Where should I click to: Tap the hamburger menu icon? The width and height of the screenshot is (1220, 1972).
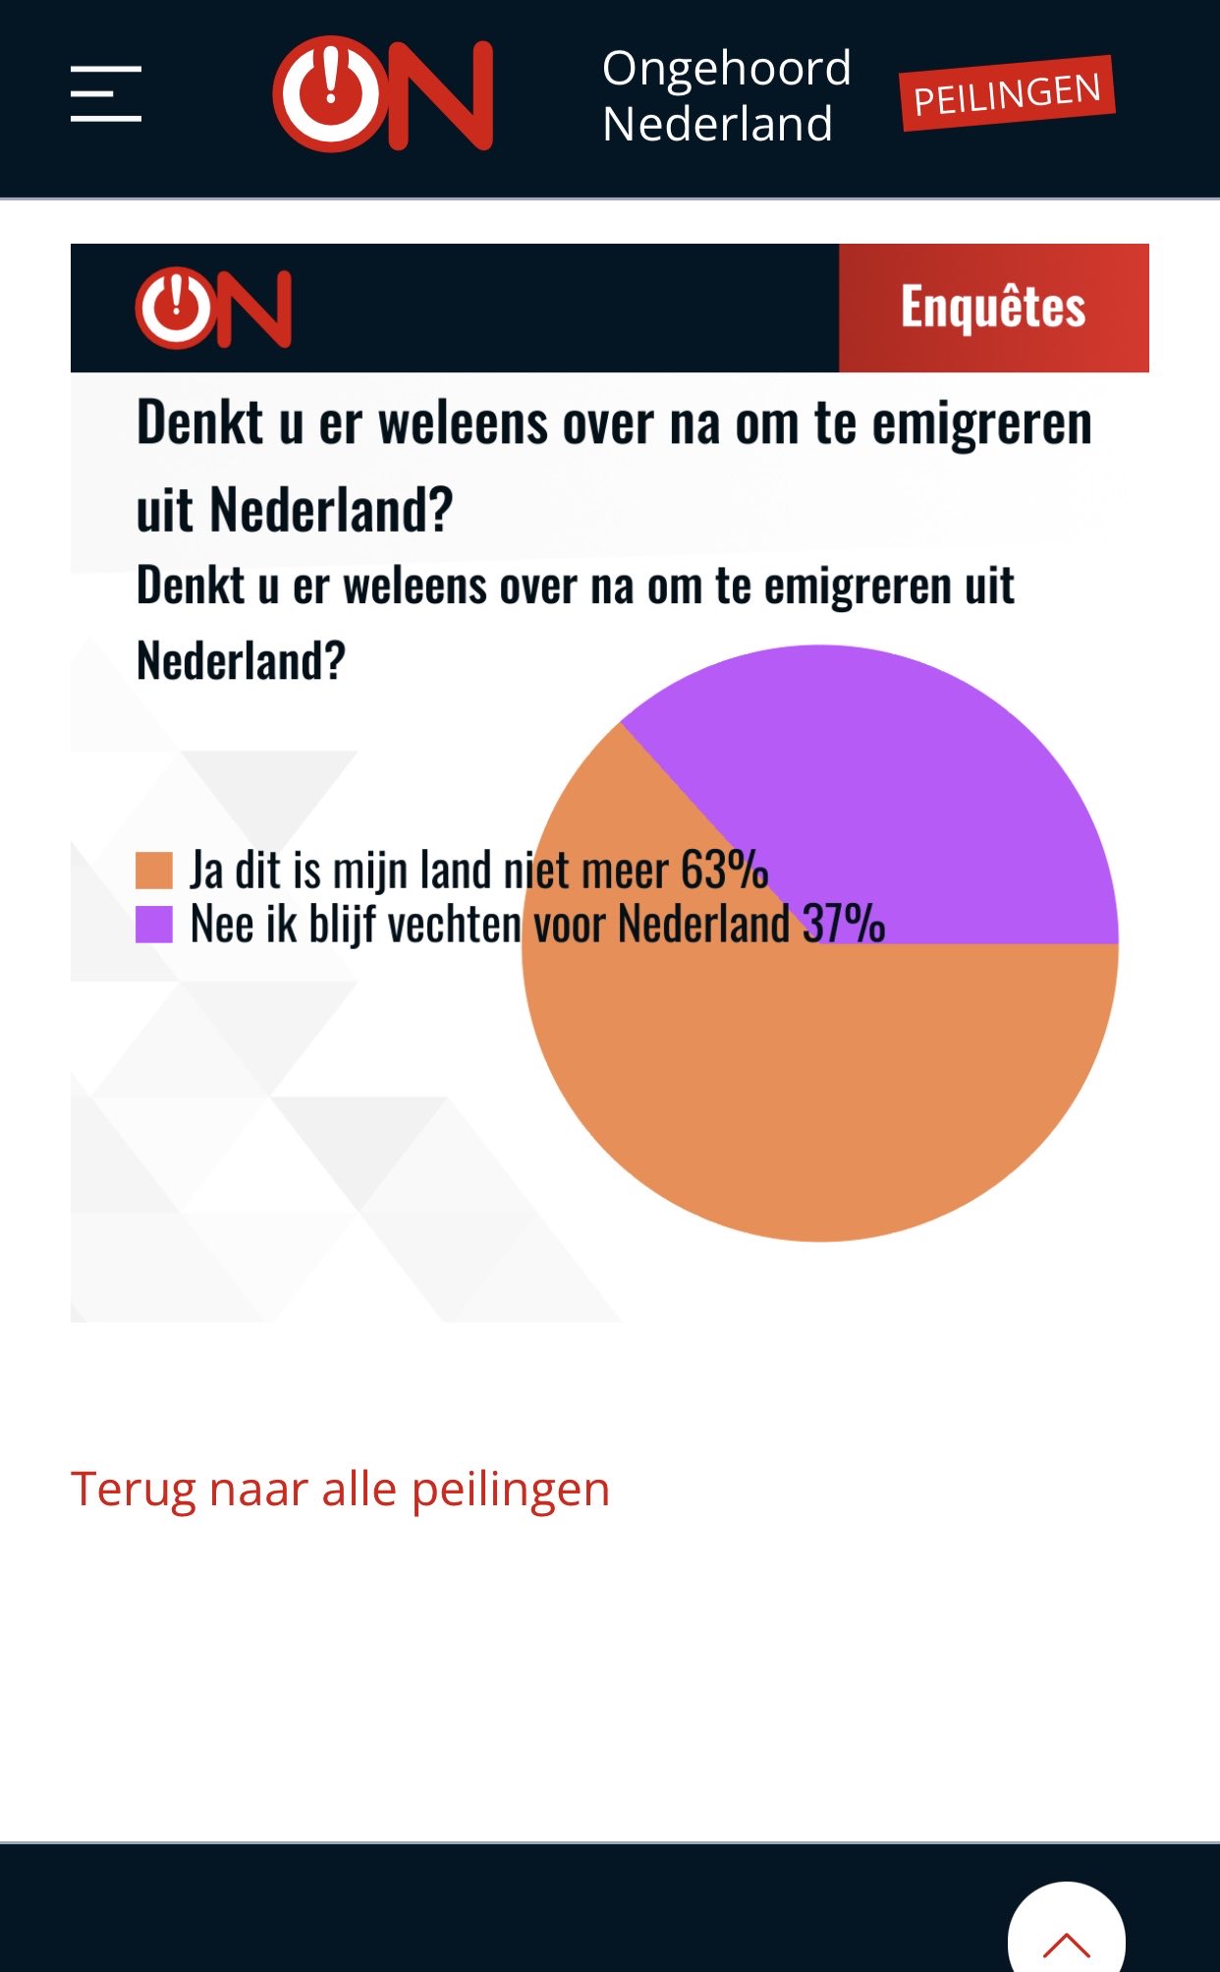click(106, 94)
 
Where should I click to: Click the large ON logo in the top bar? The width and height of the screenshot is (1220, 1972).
click(383, 94)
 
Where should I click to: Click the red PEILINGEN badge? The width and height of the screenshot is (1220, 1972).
click(1008, 94)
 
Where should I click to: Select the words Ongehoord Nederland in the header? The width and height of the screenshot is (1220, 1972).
click(726, 96)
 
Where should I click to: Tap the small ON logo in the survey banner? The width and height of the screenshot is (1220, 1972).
click(213, 308)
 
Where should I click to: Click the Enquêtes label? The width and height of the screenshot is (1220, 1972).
click(993, 308)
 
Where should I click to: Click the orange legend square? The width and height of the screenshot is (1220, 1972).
click(154, 871)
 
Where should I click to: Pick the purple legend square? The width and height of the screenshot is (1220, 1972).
click(154, 924)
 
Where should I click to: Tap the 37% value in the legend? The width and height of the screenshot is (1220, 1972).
click(844, 924)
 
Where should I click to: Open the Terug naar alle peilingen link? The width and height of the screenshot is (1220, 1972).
click(340, 1490)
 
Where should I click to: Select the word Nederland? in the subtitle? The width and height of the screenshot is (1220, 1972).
click(242, 660)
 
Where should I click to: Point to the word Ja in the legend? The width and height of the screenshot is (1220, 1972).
click(207, 871)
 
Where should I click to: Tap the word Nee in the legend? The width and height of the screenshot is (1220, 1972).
click(222, 925)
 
